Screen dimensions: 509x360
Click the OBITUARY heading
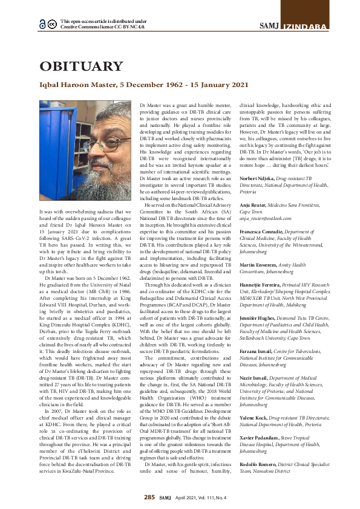coord(81,66)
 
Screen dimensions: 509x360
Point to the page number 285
coord(149,497)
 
